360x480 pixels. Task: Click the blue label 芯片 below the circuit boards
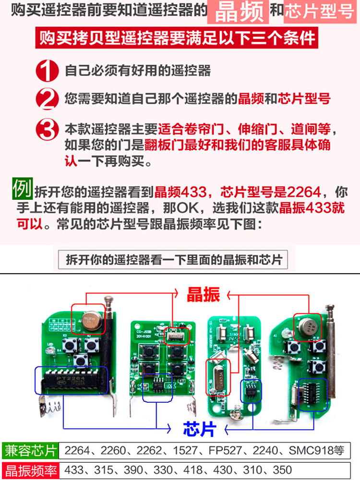[x=199, y=428]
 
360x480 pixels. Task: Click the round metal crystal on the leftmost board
[x=90, y=319]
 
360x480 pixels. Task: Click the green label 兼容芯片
[x=30, y=451]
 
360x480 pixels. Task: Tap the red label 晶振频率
[x=30, y=470]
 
